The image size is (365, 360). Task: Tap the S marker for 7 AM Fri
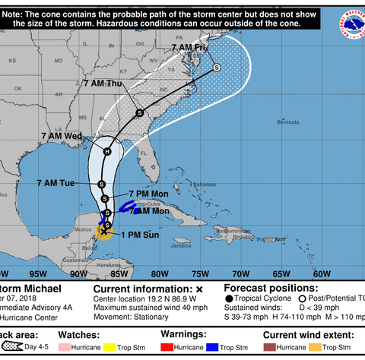point(216,68)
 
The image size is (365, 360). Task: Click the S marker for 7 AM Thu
point(140,113)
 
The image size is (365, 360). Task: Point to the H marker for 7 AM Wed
point(107,151)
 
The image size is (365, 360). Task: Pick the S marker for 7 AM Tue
point(102,184)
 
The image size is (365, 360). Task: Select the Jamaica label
point(180,245)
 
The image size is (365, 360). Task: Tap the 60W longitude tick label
point(321,273)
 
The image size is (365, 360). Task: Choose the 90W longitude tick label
point(77,273)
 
